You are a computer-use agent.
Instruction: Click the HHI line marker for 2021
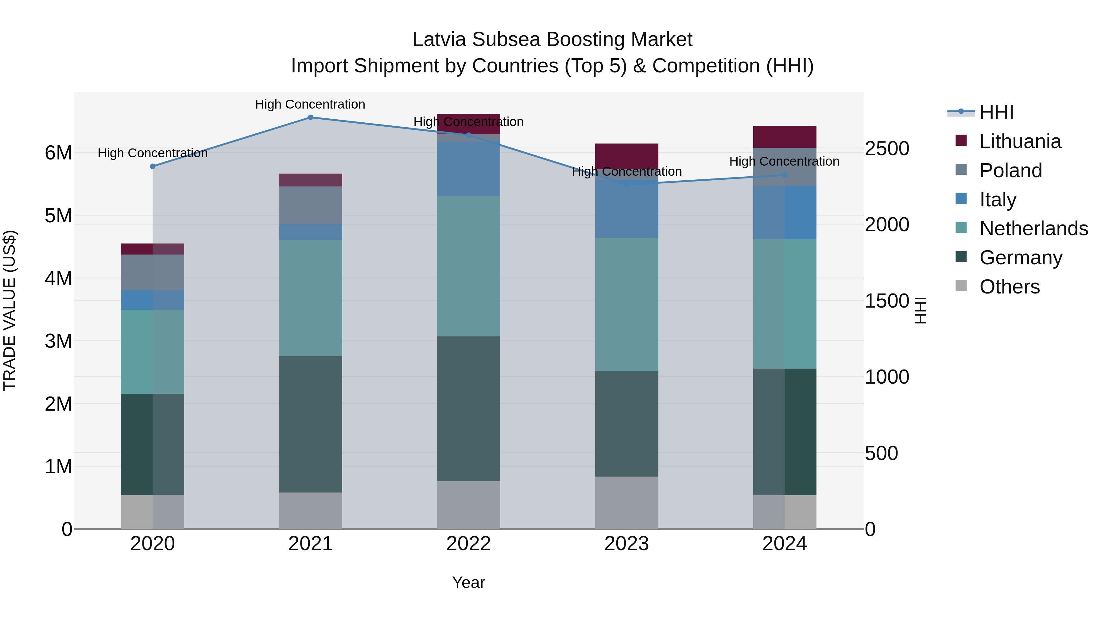pos(311,117)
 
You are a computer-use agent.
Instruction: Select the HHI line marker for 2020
pos(153,166)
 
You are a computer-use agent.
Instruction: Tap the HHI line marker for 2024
pos(785,175)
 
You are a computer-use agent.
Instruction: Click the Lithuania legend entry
pos(1020,141)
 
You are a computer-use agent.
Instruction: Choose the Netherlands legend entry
pos(1033,228)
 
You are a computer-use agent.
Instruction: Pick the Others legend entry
pos(1009,287)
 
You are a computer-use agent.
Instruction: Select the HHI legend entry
pos(996,112)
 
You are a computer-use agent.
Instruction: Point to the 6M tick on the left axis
pos(58,153)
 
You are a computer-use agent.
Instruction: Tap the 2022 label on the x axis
pos(468,544)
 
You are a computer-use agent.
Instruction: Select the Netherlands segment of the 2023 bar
pos(626,304)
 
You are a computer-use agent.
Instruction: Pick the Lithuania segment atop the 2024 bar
pos(785,137)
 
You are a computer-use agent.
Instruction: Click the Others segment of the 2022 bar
pos(468,505)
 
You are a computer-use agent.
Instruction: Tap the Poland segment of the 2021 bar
pos(311,205)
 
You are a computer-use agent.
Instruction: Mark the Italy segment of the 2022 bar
pos(468,169)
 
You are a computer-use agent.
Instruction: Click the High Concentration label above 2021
pos(310,104)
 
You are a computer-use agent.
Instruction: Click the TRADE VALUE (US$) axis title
pos(10,310)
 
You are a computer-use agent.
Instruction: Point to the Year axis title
pos(468,582)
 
